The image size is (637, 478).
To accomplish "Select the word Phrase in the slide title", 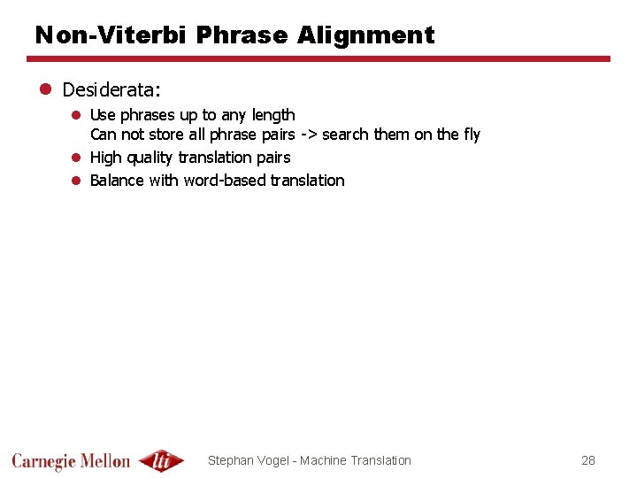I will [242, 35].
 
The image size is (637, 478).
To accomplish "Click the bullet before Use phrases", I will [76, 115].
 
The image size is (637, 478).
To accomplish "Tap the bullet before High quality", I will [76, 158].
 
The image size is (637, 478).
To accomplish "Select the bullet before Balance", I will [76, 181].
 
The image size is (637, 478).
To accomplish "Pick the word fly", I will [472, 135].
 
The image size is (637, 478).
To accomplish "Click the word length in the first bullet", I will [273, 115].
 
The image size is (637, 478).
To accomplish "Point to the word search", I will [347, 135].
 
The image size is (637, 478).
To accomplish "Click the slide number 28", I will [588, 460].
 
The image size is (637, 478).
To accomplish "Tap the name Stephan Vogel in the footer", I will [250, 460].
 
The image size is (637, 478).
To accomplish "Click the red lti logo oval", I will [161, 460].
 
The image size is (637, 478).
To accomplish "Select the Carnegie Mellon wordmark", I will [71, 460].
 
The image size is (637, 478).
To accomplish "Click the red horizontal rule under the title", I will [318, 59].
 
